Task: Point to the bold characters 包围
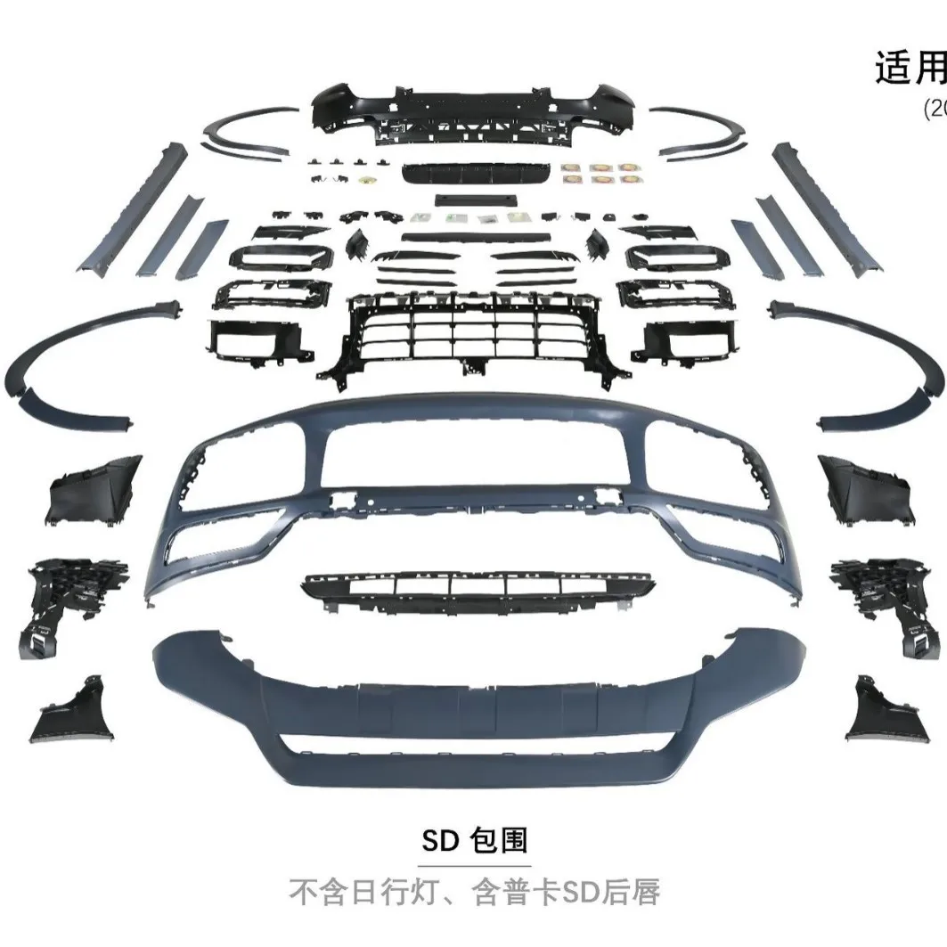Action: pos(500,840)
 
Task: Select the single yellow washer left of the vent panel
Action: pos(365,181)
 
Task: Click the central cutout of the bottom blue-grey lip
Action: pos(472,748)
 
